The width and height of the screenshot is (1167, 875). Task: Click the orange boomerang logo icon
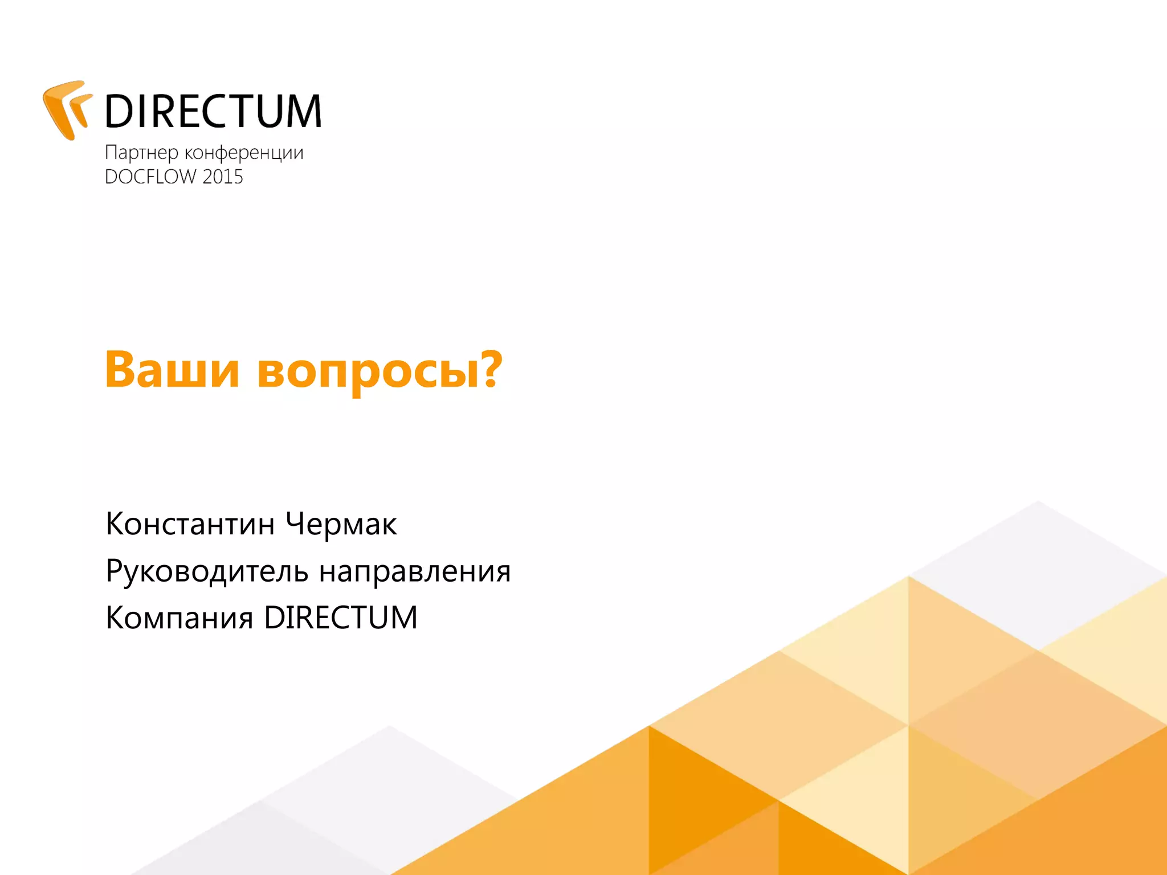pyautogui.click(x=66, y=110)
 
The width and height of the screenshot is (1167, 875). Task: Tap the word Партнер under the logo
pyautogui.click(x=141, y=153)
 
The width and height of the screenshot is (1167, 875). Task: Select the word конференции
pyautogui.click(x=244, y=153)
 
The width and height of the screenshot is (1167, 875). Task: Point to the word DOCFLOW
pyautogui.click(x=150, y=177)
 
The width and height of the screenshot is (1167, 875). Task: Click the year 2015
pyautogui.click(x=223, y=177)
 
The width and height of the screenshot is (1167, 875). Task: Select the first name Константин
pyautogui.click(x=190, y=524)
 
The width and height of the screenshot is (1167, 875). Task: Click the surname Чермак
pyautogui.click(x=341, y=524)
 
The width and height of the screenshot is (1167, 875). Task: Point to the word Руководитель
pyautogui.click(x=206, y=571)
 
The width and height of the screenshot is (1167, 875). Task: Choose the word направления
pyautogui.click(x=415, y=571)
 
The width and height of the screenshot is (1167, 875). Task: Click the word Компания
pyautogui.click(x=179, y=618)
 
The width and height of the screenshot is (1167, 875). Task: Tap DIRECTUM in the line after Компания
pyautogui.click(x=341, y=618)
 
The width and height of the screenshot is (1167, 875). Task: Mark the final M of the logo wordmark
pyautogui.click(x=303, y=111)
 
